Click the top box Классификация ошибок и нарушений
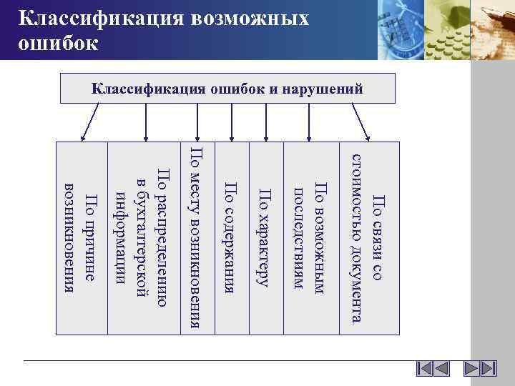click(x=227, y=89)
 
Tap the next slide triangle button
click(x=471, y=370)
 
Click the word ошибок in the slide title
click(x=57, y=44)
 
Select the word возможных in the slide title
click(x=242, y=18)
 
